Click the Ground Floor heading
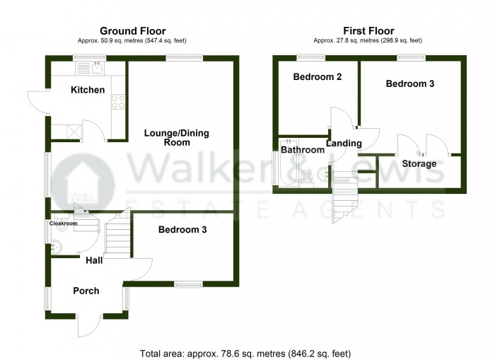tap(132, 31)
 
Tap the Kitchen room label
tap(88, 90)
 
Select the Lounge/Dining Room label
tap(177, 137)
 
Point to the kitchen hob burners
tap(117, 102)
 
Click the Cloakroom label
tap(63, 223)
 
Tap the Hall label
tap(94, 260)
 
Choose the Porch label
tap(86, 291)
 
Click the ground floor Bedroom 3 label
tap(182, 230)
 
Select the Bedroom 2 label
tap(318, 76)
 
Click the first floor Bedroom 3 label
tap(409, 83)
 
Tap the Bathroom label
tap(303, 150)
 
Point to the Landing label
tap(344, 144)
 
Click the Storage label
tap(419, 164)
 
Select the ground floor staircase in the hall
tap(118, 237)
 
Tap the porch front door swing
tap(90, 327)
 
